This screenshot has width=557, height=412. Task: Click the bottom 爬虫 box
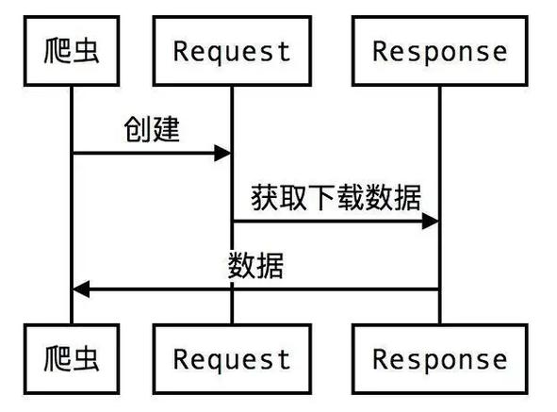coord(72,357)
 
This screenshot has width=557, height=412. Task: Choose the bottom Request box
coord(232,357)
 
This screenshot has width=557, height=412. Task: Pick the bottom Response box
coord(439,357)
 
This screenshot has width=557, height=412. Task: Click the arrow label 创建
coord(152,129)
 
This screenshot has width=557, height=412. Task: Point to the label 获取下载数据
coord(336,197)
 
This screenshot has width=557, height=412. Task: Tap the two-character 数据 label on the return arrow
coord(255,266)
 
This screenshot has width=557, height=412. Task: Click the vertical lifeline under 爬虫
coord(72,217)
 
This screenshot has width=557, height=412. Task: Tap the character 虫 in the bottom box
coord(86,357)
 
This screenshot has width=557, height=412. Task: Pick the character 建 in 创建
coord(166,129)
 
